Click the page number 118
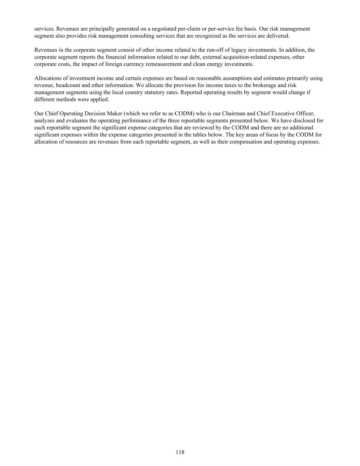coord(180,452)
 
